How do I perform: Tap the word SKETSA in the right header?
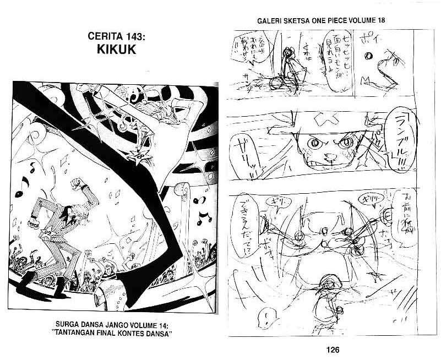[x=301, y=20]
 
